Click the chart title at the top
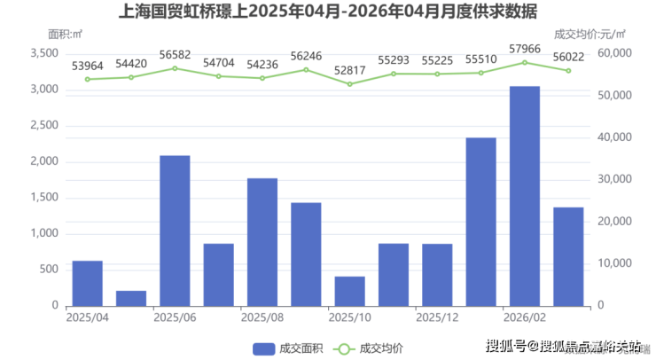[x=327, y=12]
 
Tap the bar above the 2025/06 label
[x=175, y=231]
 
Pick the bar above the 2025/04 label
[x=87, y=283]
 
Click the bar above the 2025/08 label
[x=262, y=241]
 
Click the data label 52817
[x=349, y=71]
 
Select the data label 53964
[x=87, y=66]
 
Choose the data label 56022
[x=568, y=57]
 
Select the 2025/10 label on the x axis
[x=349, y=317]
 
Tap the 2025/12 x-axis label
[x=437, y=317]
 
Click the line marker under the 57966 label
[x=525, y=62]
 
